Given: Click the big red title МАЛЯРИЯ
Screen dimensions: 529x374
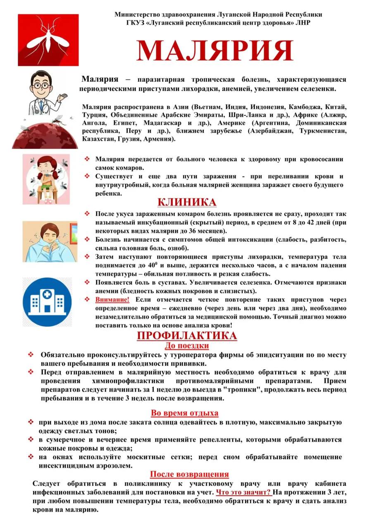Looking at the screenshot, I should pos(215,51).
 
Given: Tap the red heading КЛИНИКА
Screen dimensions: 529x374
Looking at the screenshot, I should pos(187,202).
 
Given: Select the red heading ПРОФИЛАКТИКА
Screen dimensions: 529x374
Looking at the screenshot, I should pos(187,336).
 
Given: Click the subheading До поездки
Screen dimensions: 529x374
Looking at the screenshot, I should pos(187,346).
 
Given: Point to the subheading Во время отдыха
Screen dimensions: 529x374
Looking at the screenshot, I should pos(184,412).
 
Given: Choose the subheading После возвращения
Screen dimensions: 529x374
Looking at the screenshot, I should pos(189,474).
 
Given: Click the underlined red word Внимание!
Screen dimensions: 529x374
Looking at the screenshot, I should pos(112,300).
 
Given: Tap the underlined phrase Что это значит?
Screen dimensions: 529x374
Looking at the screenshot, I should pos(244,492).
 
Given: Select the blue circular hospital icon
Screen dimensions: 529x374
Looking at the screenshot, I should pos(47,303).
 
